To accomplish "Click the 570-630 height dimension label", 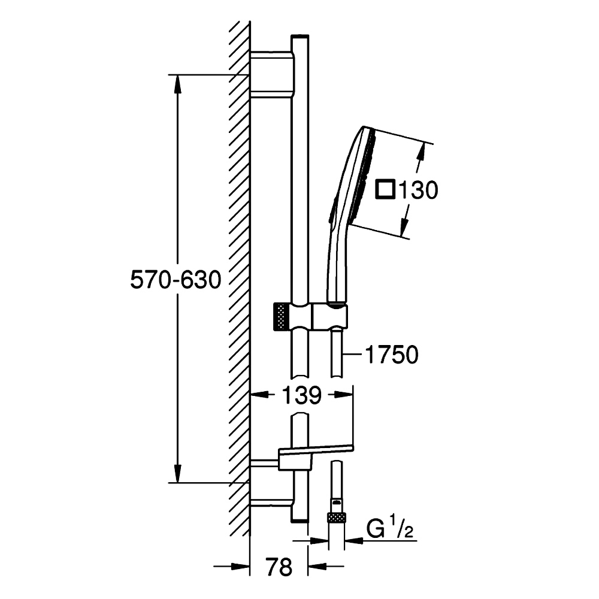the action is coord(176,279).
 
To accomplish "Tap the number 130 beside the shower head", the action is coord(418,190).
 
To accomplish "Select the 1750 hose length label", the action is coord(392,355).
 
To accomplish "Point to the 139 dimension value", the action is coord(301,395).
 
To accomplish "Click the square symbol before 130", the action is coord(385,189).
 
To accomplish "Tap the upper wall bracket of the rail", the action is coord(272,72).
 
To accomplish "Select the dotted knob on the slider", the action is coord(282,316).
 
